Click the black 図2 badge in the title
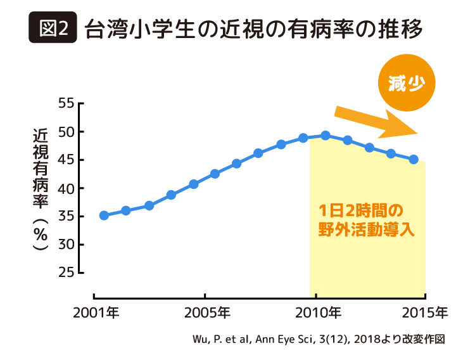tap(53, 29)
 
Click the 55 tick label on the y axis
tap(66, 103)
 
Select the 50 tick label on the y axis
tap(66, 132)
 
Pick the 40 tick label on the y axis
tap(66, 188)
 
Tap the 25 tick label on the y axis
tap(66, 273)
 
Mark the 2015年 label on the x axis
tap(425, 312)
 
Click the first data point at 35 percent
tap(104, 215)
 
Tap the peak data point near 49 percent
tap(326, 135)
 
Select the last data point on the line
tap(414, 160)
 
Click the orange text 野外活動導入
tap(367, 229)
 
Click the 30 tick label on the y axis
tap(66, 245)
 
